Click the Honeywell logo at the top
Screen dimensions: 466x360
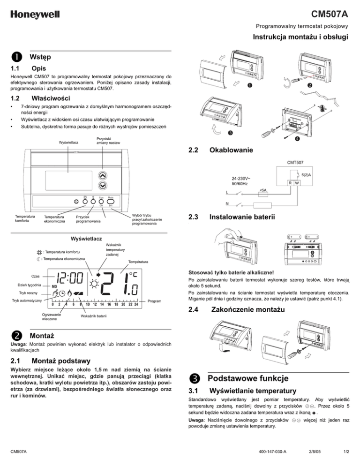click(x=32, y=15)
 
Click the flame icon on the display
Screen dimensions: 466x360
click(x=70, y=294)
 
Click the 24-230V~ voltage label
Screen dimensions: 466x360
click(x=243, y=178)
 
